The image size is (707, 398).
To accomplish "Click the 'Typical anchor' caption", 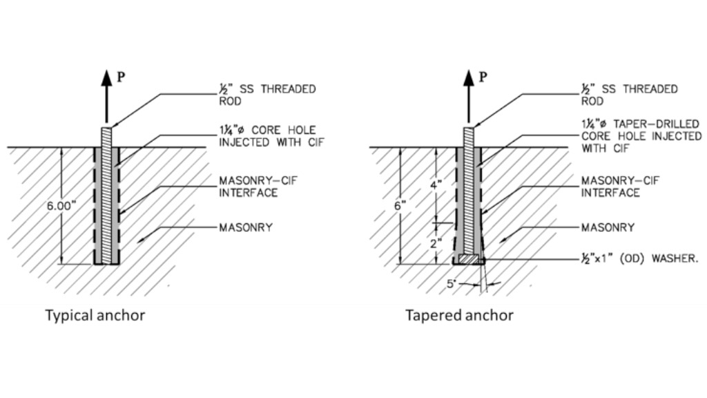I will (95, 316).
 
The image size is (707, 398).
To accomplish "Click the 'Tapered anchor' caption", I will (459, 316).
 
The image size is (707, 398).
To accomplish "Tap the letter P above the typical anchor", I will (121, 77).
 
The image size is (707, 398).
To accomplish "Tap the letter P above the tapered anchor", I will (483, 77).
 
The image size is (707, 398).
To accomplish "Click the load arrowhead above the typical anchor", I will (106, 78).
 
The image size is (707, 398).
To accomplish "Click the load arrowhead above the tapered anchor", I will (468, 78).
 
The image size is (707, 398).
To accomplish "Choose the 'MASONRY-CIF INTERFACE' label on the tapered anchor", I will (620, 187).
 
